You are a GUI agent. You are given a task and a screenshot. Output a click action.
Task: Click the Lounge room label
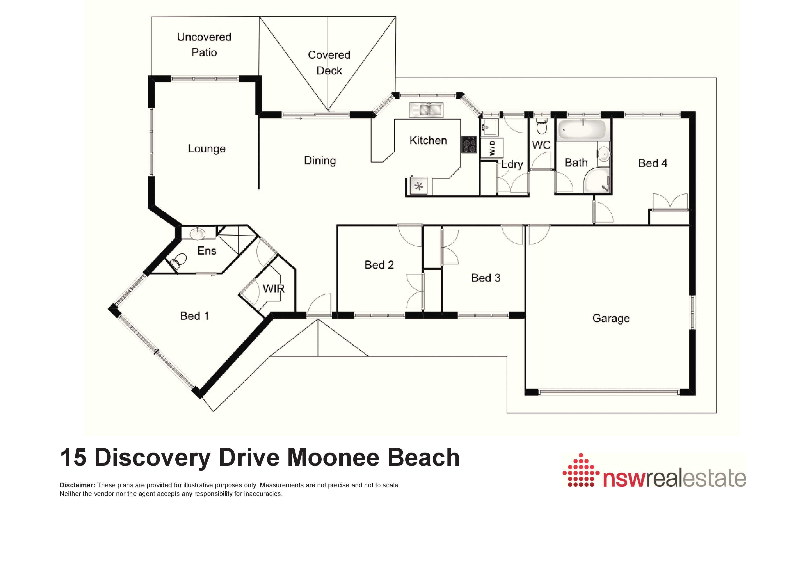(207, 149)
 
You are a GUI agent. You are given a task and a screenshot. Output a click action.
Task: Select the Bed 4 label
(653, 163)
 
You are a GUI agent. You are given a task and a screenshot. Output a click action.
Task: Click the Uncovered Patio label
(204, 45)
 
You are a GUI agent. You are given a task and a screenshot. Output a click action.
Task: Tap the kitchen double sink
(427, 110)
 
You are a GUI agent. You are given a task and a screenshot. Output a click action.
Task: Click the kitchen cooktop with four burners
(469, 144)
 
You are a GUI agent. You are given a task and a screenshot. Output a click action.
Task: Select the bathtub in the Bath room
(582, 130)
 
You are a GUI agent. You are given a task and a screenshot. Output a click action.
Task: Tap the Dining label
(320, 161)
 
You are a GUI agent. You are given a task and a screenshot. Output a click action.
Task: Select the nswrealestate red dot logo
(581, 470)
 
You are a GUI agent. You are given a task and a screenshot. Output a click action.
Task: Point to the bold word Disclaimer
(77, 485)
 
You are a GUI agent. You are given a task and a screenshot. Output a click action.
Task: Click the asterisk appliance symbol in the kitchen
(419, 186)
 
